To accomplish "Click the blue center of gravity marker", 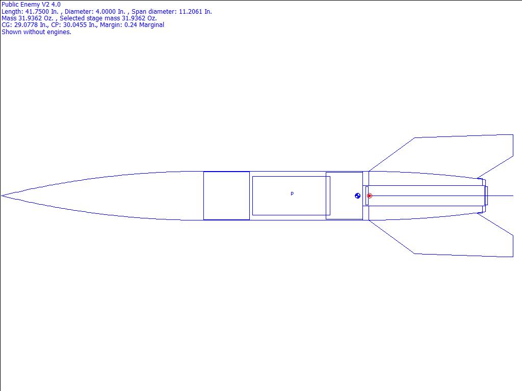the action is (x=357, y=196).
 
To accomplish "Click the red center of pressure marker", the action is (x=369, y=196).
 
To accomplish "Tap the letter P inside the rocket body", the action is (x=292, y=194).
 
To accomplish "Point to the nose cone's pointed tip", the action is (x=2, y=196).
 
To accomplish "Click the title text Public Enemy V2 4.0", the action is (x=31, y=5).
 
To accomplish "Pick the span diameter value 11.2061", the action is (x=191, y=12).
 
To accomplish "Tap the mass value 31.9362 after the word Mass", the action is (x=30, y=18).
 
